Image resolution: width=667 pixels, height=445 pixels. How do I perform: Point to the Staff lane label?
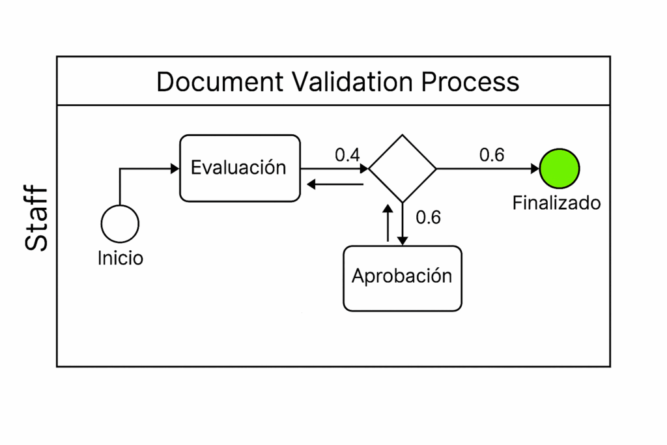point(37,218)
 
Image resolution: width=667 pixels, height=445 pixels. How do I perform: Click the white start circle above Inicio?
point(120,223)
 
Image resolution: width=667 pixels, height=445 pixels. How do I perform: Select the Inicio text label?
point(121,258)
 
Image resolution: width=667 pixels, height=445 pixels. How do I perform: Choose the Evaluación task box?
point(240,168)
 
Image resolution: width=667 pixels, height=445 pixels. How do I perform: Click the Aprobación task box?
point(402,278)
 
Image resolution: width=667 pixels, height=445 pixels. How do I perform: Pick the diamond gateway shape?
point(403,169)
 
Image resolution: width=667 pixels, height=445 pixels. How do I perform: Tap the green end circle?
point(560,168)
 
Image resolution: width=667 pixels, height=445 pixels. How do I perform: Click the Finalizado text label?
point(556,203)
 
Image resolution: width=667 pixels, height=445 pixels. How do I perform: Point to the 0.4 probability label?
point(347,155)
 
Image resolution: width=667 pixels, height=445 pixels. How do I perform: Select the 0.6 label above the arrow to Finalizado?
point(492,155)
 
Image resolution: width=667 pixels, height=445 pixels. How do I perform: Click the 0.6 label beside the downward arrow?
point(428,218)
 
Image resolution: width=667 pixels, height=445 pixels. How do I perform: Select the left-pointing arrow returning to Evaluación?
point(335,185)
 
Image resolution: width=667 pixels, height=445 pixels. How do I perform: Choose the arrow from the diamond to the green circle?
point(489,169)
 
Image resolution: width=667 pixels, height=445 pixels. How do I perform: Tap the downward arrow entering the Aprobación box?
point(403,225)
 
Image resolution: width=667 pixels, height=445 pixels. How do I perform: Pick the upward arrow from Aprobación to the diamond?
point(388,223)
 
